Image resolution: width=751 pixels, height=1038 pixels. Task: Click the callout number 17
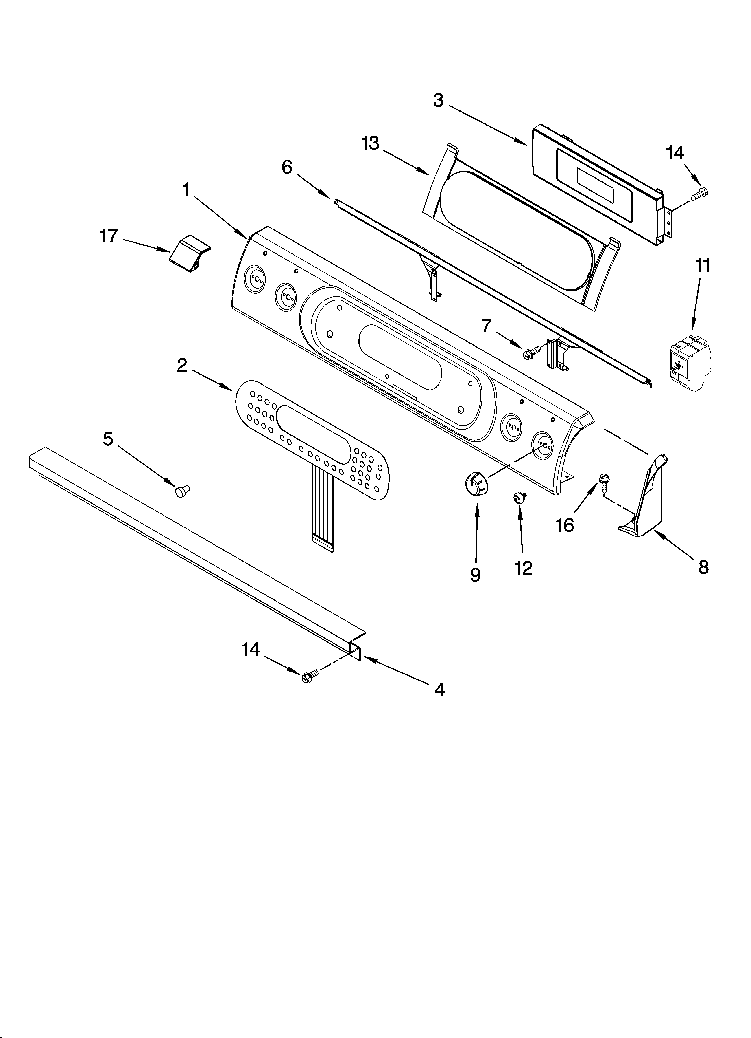pos(109,237)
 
